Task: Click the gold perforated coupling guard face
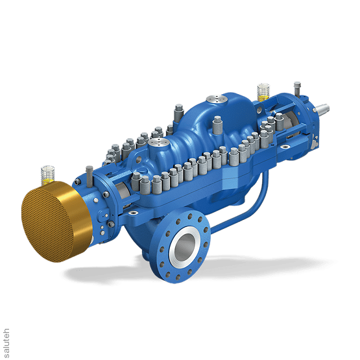pyautogui.click(x=49, y=222)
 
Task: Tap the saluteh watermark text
pyautogui.click(x=6, y=343)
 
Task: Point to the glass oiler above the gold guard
pyautogui.click(x=47, y=175)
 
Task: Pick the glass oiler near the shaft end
pyautogui.click(x=263, y=92)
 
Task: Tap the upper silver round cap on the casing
pyautogui.click(x=217, y=99)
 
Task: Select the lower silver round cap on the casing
pyautogui.click(x=158, y=142)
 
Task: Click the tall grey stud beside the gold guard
pyautogui.click(x=89, y=177)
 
